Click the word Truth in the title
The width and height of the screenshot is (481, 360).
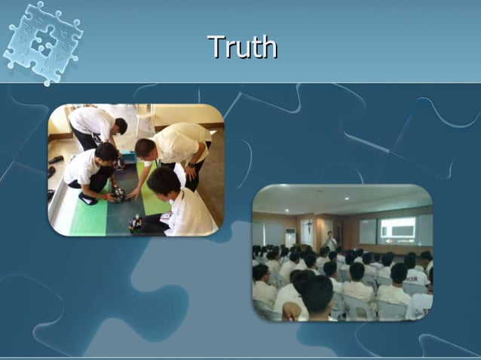(242, 47)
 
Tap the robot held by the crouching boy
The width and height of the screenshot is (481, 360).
(118, 194)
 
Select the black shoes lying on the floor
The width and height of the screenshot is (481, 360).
(56, 160)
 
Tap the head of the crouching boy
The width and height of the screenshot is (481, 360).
(106, 154)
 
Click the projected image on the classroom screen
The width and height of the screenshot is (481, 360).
(398, 230)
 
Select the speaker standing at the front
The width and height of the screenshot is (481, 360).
(330, 241)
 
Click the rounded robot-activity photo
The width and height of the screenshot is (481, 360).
(136, 170)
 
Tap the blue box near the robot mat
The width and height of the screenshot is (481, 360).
(129, 157)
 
